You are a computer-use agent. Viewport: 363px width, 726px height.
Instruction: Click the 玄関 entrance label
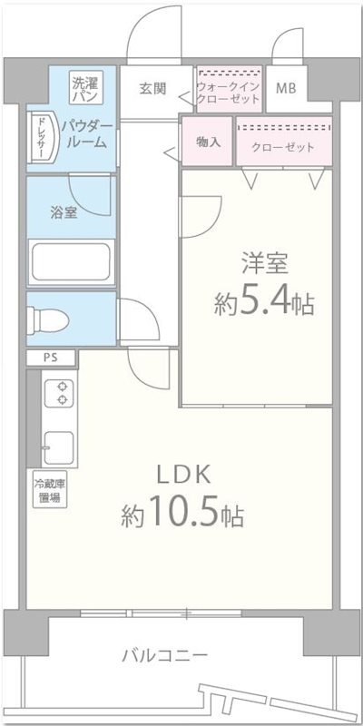click(x=152, y=89)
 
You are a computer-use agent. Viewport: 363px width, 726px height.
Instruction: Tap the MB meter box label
click(x=286, y=89)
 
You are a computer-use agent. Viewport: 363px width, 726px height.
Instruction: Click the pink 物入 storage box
click(x=208, y=142)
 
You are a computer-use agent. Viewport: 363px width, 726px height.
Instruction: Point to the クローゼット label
click(x=283, y=147)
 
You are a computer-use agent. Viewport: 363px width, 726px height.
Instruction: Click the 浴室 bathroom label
click(x=64, y=214)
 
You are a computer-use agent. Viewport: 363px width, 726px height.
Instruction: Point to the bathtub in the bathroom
click(x=71, y=263)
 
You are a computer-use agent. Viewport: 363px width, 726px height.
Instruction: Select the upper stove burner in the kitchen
click(x=63, y=385)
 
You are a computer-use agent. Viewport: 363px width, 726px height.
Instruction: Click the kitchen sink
click(x=60, y=446)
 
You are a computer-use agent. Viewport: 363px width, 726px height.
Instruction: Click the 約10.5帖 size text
click(x=182, y=515)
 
